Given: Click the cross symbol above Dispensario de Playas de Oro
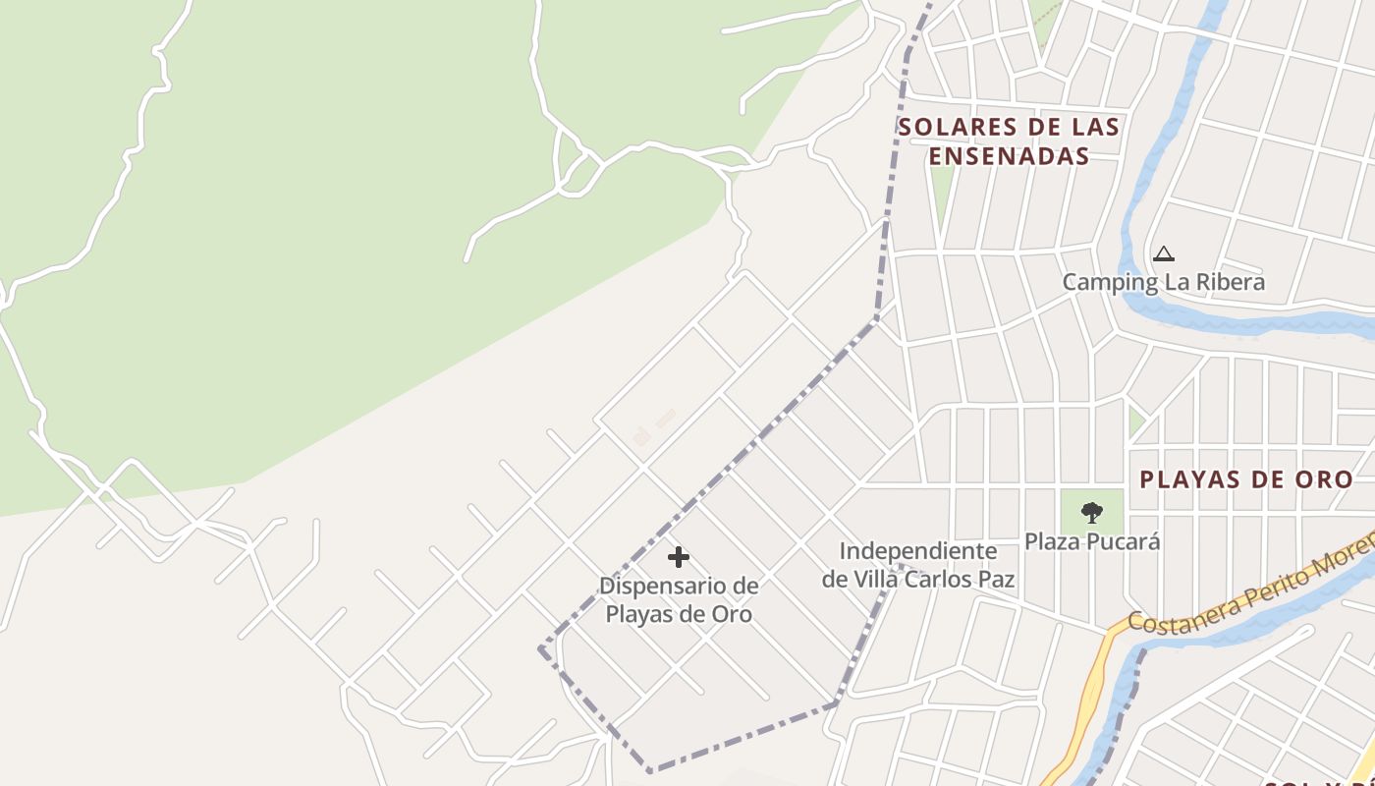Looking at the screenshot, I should click(x=678, y=557).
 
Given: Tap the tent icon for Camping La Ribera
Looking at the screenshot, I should click(x=1164, y=253).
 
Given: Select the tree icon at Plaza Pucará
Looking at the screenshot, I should click(x=1091, y=512).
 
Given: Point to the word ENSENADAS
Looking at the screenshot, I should click(x=1010, y=156).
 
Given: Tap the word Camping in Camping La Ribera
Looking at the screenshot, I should click(x=1110, y=283).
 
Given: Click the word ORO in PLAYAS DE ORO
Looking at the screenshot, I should click(x=1326, y=479).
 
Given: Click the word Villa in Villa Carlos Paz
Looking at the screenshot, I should click(x=876, y=579).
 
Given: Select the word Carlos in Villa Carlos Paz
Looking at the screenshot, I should click(x=938, y=579).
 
